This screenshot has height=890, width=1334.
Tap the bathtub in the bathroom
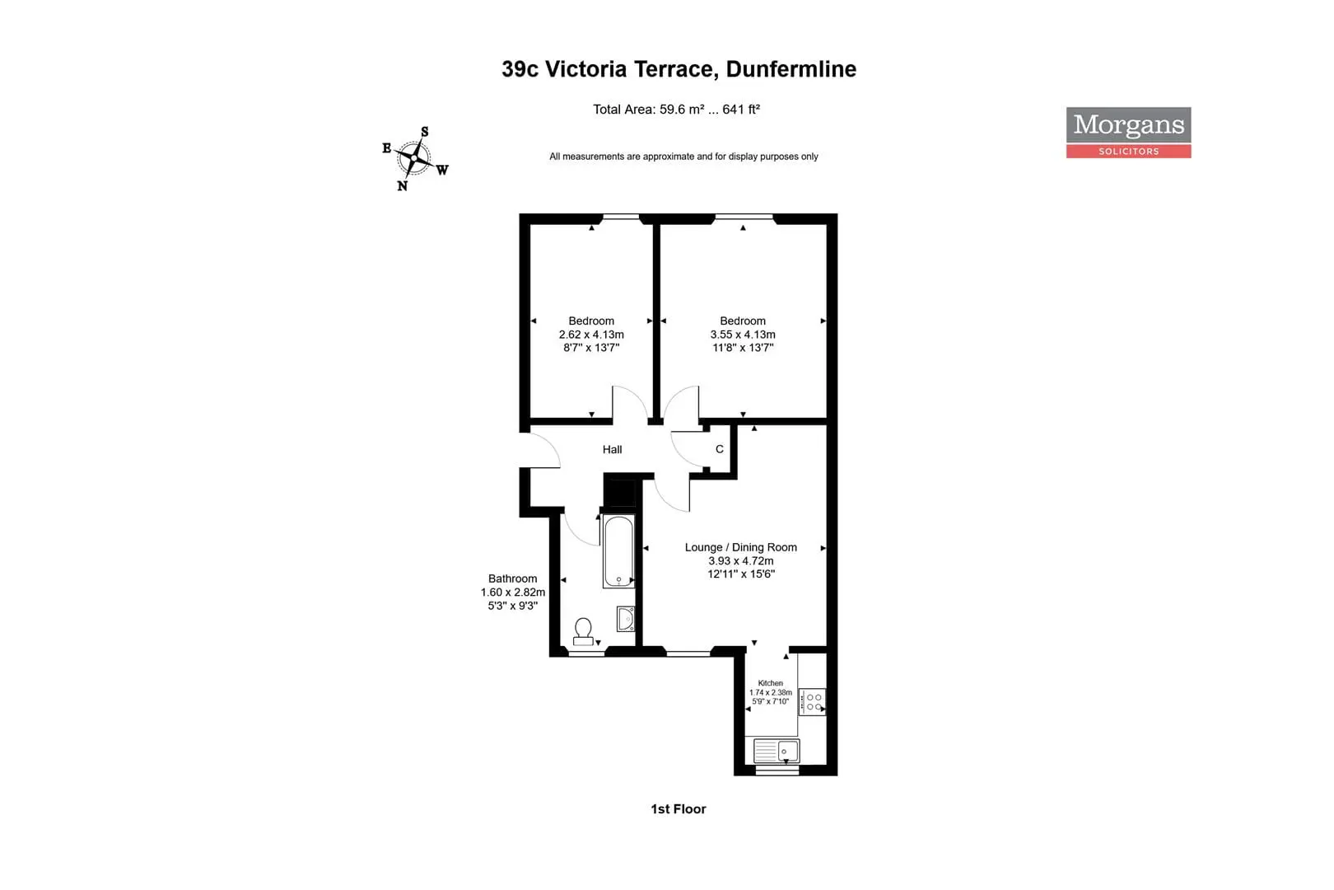click(x=618, y=551)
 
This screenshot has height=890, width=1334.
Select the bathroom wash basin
click(x=625, y=619)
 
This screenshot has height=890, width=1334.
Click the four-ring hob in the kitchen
click(x=812, y=701)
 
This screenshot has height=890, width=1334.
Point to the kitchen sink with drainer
click(x=777, y=751)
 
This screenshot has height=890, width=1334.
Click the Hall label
click(x=612, y=449)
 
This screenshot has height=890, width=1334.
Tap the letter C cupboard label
click(x=720, y=449)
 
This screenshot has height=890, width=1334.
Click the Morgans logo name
click(x=1128, y=125)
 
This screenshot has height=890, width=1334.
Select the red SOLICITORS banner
click(x=1128, y=152)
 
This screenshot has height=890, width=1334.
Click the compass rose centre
click(x=414, y=158)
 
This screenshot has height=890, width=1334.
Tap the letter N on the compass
click(x=403, y=186)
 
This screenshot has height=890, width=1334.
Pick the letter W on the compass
click(x=442, y=170)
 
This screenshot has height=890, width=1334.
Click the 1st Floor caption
click(x=679, y=809)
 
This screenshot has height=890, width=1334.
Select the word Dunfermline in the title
click(x=791, y=69)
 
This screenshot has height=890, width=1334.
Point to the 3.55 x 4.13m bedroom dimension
click(x=743, y=335)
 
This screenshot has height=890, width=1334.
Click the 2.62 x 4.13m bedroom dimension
click(x=591, y=335)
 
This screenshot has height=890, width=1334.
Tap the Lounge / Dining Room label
click(x=741, y=547)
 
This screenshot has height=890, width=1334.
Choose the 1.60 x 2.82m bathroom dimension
click(x=513, y=592)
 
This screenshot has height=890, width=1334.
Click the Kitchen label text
click(x=771, y=683)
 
